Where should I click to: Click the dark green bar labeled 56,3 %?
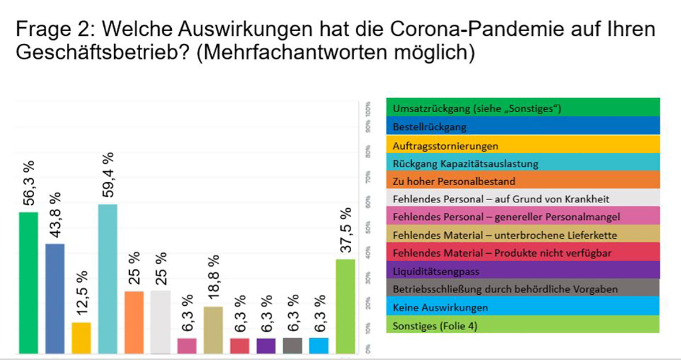click(28, 283)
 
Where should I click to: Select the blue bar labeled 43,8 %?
click(55, 298)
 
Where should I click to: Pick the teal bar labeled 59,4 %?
click(108, 279)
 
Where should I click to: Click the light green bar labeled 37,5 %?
click(345, 306)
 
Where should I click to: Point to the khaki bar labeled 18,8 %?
click(213, 329)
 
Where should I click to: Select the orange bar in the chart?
click(134, 322)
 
